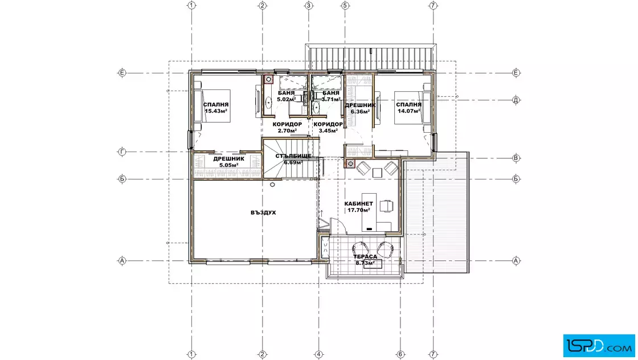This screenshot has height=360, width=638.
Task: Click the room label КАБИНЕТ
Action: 358,204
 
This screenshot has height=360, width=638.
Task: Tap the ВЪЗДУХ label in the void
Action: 263,212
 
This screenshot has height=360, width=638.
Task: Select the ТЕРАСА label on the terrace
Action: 365,257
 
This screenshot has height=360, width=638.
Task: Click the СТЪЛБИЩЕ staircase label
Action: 293,156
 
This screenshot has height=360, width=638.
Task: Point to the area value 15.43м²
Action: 216,111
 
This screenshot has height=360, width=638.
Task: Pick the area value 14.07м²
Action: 410,111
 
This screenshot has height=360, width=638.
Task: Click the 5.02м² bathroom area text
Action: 287,99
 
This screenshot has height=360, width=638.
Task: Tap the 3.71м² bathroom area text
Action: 331,99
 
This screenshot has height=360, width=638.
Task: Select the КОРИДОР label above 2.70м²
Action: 287,124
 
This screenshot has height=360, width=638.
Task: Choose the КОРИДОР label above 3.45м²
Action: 328,124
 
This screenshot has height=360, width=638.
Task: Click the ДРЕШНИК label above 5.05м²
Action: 228,159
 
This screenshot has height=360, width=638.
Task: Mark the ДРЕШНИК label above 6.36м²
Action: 360,105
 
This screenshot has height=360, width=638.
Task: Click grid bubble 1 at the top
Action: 191,5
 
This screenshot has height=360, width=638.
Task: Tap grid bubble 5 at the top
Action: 345,5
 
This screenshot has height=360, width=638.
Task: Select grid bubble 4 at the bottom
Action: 318,354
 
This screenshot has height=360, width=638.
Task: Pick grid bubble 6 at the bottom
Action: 400,354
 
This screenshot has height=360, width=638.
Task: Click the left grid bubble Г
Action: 122,152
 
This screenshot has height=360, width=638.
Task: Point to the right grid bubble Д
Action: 516,100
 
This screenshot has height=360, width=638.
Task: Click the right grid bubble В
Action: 516,158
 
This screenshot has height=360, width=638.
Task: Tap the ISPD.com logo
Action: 599,345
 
